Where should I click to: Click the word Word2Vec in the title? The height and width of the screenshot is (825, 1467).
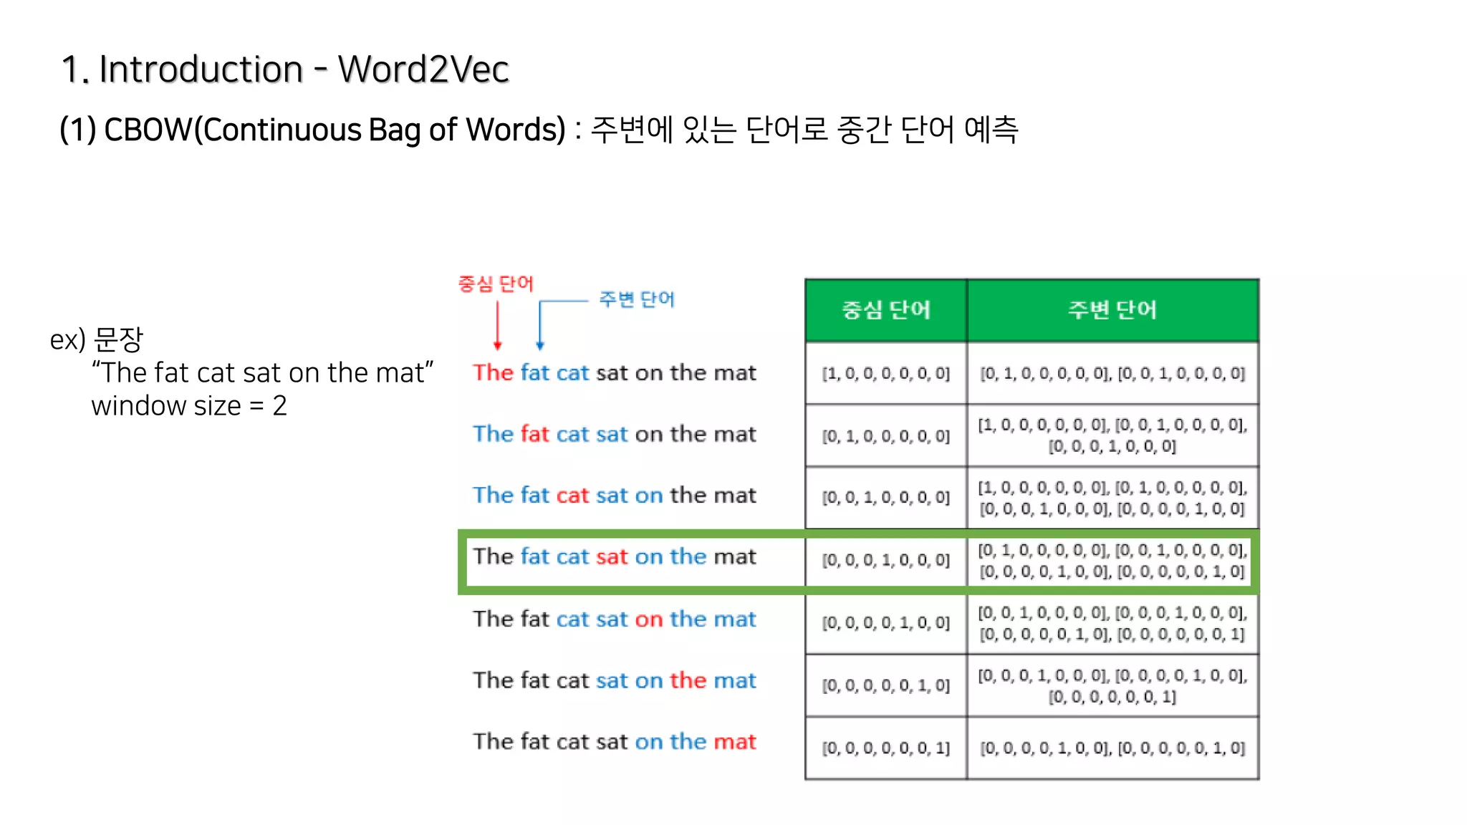423,69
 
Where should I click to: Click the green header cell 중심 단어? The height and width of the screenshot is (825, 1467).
885,310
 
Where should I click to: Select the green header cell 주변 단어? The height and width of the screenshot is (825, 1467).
1112,310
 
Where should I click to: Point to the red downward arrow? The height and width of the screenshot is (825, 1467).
498,326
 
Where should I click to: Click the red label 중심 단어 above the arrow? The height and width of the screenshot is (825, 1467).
496,284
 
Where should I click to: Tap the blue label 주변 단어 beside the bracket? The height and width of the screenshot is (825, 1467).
637,299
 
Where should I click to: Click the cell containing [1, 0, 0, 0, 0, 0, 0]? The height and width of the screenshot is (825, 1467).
885,374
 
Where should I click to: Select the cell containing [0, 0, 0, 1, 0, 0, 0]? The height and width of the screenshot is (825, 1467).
885,560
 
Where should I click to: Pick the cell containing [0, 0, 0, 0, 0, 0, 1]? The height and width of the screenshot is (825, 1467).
885,748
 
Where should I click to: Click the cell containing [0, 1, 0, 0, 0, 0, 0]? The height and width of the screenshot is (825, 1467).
885,436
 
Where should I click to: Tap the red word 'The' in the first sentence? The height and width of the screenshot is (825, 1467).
493,373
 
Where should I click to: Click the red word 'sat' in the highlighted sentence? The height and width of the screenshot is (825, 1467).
612,557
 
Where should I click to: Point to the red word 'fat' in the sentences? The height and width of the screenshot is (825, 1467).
534,434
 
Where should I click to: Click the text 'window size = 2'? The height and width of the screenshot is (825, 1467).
189,406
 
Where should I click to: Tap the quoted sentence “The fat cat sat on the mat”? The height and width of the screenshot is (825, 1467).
262,373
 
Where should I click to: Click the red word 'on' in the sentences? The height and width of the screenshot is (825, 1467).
649,619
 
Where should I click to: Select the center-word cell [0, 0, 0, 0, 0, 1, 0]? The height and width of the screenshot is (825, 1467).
885,685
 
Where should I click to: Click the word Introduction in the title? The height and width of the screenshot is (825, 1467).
201,69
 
